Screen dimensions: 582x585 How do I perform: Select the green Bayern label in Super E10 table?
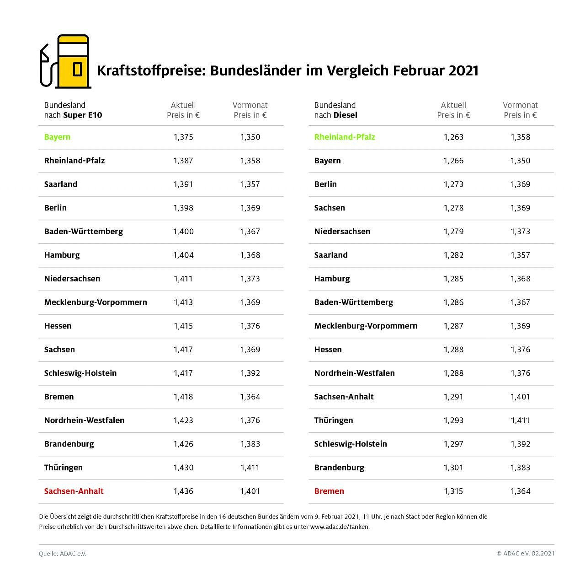click(x=57, y=137)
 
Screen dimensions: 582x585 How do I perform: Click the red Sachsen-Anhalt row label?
click(x=74, y=491)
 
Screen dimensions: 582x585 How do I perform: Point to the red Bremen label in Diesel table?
click(x=329, y=491)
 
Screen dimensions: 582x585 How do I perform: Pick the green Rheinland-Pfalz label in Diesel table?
click(x=345, y=137)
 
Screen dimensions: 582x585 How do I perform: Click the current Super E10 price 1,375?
click(x=183, y=137)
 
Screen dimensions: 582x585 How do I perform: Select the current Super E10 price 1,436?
click(x=183, y=491)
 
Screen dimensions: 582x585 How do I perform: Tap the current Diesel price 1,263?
click(x=453, y=137)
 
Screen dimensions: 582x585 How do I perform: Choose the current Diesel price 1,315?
click(x=453, y=491)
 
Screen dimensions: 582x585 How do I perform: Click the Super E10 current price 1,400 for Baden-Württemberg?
click(x=183, y=232)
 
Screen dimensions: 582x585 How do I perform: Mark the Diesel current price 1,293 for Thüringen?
click(x=453, y=420)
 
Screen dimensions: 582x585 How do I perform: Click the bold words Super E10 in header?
click(x=83, y=115)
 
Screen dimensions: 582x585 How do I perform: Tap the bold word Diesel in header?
click(x=345, y=115)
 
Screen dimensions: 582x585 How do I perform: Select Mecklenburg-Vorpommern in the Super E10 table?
click(x=96, y=302)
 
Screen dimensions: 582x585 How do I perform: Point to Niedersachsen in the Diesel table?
click(x=342, y=232)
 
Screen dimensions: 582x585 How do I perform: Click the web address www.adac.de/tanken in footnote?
click(x=339, y=527)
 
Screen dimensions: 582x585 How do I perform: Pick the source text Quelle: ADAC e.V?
click(x=63, y=554)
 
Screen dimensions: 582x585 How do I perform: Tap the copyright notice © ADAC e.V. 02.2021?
click(x=525, y=554)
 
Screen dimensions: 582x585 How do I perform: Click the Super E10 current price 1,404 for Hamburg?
click(x=183, y=255)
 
